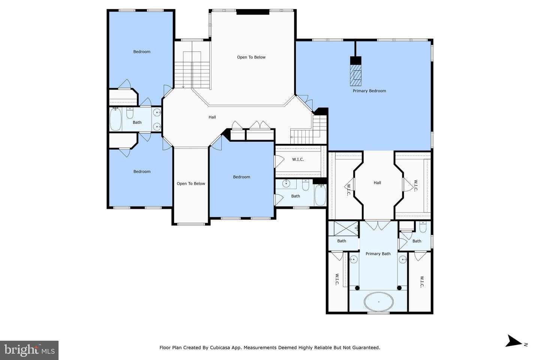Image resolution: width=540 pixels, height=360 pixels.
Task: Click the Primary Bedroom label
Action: coord(369,91)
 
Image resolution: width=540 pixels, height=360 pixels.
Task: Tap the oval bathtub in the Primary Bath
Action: coord(379,301)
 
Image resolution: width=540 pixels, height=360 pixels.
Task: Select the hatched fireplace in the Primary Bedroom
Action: coord(356,75)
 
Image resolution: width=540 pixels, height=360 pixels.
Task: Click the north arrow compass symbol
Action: coord(514,341)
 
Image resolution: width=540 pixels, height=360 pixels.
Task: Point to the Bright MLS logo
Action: coord(29,350)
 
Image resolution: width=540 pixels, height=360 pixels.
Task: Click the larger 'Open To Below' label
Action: coord(251,57)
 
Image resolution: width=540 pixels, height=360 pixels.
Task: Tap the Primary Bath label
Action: coord(378,253)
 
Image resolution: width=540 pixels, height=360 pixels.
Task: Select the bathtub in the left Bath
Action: coord(116,120)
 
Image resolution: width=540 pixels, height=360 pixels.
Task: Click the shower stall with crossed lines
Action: coord(343,228)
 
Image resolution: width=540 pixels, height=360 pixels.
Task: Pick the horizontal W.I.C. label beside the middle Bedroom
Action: coord(298,159)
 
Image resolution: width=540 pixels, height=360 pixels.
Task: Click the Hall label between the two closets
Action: coord(377,183)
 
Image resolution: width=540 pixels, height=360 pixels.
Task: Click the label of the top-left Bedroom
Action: coord(142,52)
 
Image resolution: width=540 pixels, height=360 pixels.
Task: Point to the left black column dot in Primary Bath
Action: coord(357,288)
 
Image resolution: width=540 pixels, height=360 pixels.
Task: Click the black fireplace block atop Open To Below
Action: coord(253,12)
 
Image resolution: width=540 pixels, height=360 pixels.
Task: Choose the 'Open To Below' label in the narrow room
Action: coord(191,183)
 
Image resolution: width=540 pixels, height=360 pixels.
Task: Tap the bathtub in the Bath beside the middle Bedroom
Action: coord(320,195)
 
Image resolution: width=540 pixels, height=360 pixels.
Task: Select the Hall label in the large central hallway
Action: coord(212,117)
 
